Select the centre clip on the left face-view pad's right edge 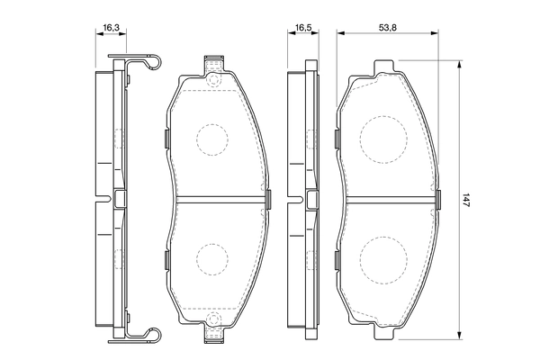click(267, 199)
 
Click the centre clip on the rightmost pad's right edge click(438, 199)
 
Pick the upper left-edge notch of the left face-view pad click(168, 138)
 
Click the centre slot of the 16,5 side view click(309, 199)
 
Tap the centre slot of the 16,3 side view click(120, 199)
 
